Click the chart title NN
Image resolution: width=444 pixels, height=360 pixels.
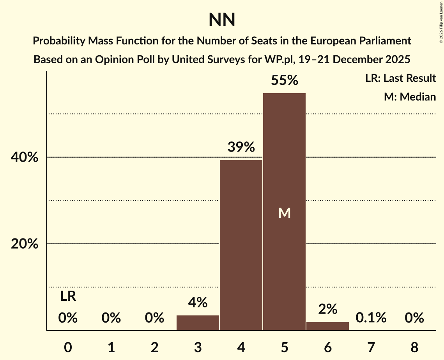tap(222, 19)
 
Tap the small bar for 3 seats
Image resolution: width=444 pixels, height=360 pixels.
tap(198, 323)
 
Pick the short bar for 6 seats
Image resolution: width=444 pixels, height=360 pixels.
tap(327, 326)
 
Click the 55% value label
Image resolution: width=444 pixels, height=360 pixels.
tap(284, 80)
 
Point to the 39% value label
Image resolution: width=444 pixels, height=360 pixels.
tap(241, 147)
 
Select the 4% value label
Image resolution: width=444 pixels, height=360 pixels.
tap(198, 302)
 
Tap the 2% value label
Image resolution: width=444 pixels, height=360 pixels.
tap(327, 309)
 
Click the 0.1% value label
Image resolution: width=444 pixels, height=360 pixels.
tap(371, 318)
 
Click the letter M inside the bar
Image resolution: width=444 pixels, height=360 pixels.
tap(284, 213)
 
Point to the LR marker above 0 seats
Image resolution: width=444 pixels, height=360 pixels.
tap(68, 296)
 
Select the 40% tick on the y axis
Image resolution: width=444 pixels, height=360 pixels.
tap(27, 157)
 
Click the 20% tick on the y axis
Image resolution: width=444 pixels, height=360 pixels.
tap(27, 244)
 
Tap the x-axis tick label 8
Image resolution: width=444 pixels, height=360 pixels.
tap(414, 347)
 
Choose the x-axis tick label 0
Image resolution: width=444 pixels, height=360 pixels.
tap(68, 347)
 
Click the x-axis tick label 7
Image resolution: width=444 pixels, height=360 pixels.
tap(371, 347)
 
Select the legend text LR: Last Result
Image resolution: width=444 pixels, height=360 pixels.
tap(400, 78)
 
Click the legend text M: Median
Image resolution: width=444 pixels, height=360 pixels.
tap(410, 97)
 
